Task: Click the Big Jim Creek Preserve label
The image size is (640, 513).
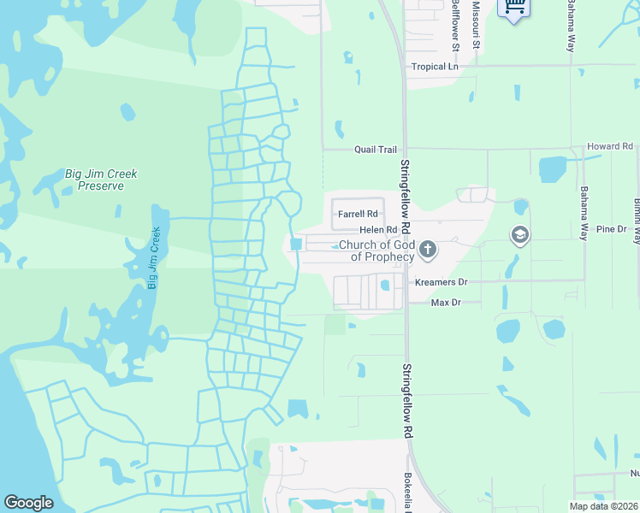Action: pyautogui.click(x=101, y=180)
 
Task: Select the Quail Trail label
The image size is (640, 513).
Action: pyautogui.click(x=376, y=149)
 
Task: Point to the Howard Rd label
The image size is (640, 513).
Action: pyautogui.click(x=609, y=147)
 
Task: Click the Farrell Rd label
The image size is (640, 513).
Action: pyautogui.click(x=358, y=214)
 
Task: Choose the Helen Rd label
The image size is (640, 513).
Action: pyautogui.click(x=378, y=230)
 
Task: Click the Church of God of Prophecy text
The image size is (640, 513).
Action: pyautogui.click(x=376, y=251)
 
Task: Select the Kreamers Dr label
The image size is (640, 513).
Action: pyautogui.click(x=441, y=281)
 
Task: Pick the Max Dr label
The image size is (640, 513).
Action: pyautogui.click(x=446, y=303)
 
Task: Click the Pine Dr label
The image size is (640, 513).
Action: pyautogui.click(x=612, y=229)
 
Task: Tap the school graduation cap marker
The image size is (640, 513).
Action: pyautogui.click(x=519, y=235)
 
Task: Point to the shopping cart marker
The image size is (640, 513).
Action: pyautogui.click(x=513, y=7)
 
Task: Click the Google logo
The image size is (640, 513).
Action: pyautogui.click(x=28, y=503)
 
